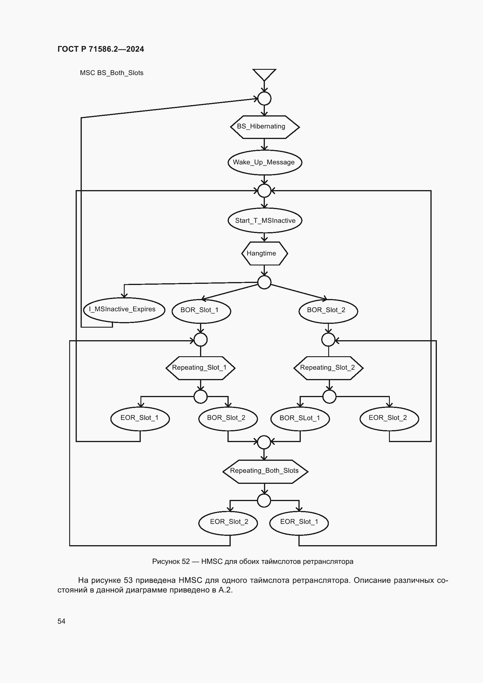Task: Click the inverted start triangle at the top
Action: click(x=264, y=75)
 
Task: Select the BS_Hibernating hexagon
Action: click(x=265, y=127)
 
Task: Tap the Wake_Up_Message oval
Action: click(x=265, y=162)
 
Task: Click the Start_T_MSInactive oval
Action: click(x=265, y=220)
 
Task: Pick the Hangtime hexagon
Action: click(x=264, y=253)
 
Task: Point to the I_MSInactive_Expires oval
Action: click(x=124, y=310)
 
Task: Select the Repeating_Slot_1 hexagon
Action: click(x=200, y=368)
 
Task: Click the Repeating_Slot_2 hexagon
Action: click(x=328, y=368)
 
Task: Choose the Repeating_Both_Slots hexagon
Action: click(x=265, y=472)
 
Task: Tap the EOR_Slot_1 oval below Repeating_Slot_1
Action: click(x=140, y=418)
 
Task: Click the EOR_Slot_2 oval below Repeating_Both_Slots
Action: click(x=228, y=523)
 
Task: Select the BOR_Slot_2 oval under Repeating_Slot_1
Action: click(x=228, y=418)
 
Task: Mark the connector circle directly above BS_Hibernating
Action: click(x=264, y=98)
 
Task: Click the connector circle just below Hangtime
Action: click(x=264, y=282)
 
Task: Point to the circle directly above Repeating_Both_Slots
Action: click(x=264, y=442)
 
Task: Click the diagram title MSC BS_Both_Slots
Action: click(x=112, y=73)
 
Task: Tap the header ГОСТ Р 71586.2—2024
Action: click(x=101, y=49)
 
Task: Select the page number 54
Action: click(x=61, y=621)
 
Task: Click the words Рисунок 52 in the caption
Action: click(x=171, y=561)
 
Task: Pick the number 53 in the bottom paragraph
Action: click(x=128, y=580)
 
